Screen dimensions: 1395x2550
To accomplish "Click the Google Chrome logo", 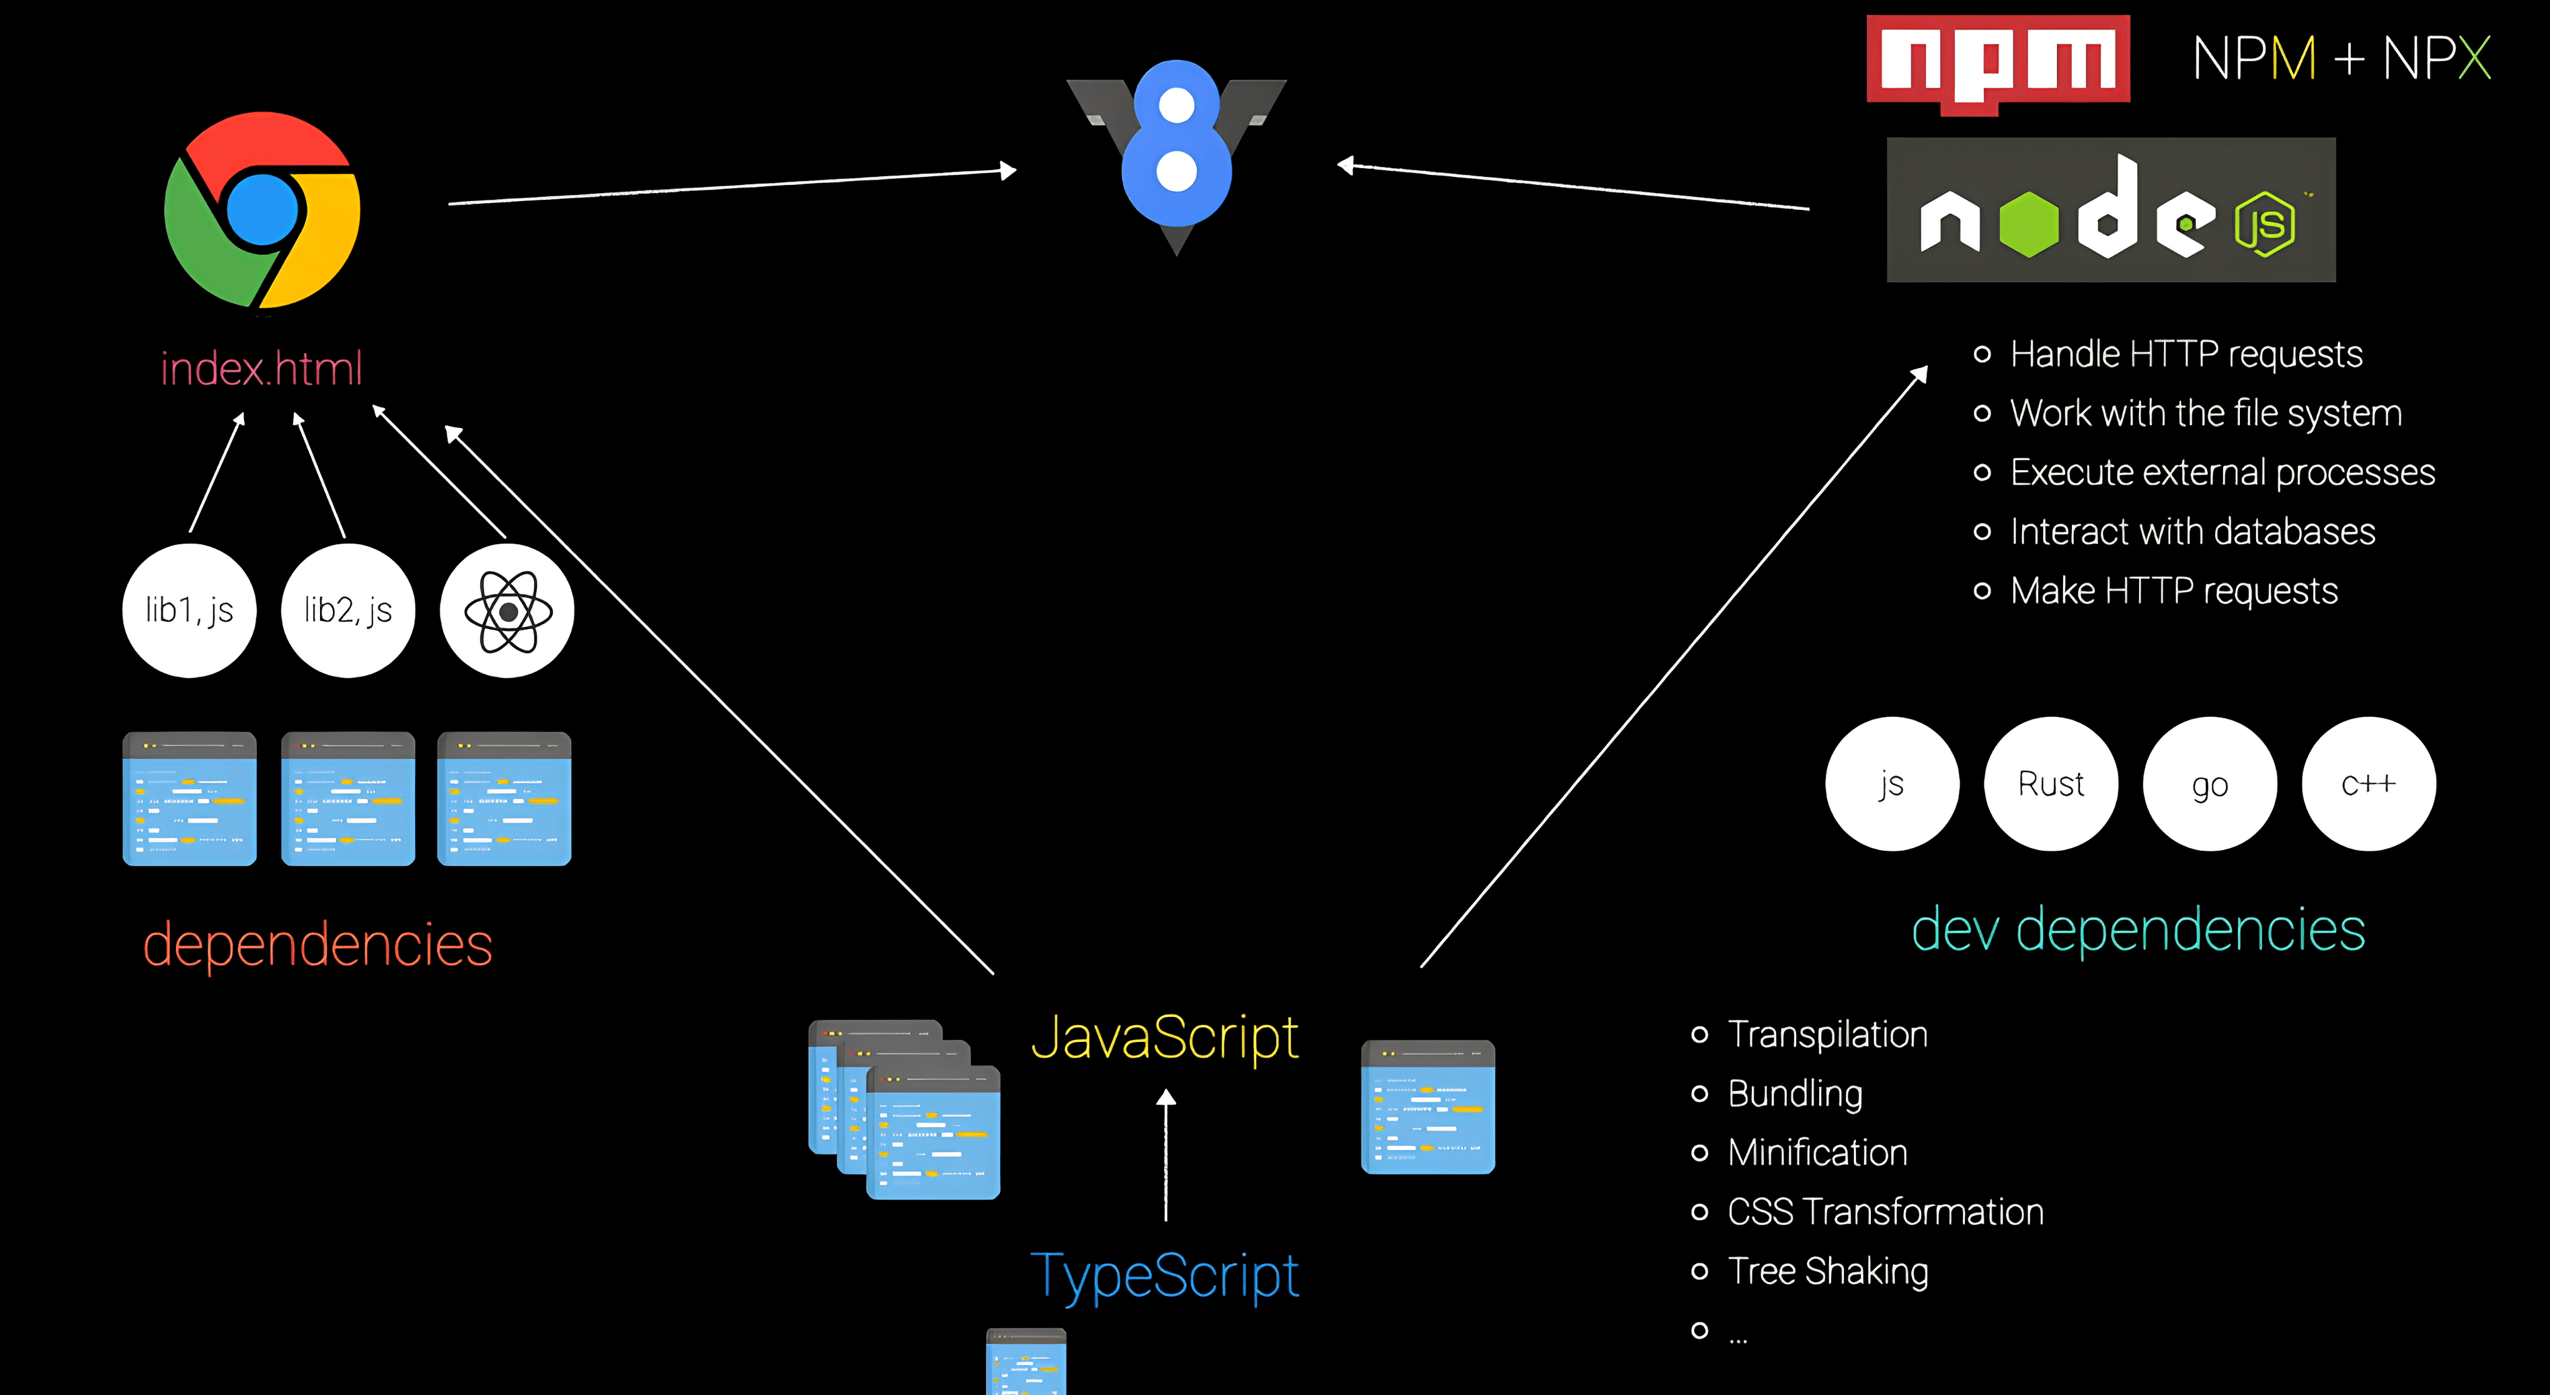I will [x=262, y=210].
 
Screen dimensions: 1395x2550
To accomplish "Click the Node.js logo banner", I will [x=2110, y=210].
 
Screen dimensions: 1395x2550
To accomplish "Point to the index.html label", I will [x=262, y=369].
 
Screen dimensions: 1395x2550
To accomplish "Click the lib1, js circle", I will [x=189, y=611].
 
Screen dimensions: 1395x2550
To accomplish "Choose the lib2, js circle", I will [x=348, y=611].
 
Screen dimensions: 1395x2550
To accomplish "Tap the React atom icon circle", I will [x=507, y=611].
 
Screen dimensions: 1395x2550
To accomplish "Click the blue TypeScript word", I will [x=1164, y=1275].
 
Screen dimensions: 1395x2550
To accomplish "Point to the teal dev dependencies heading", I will [x=2138, y=931].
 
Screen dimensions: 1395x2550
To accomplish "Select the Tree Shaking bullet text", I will [x=1827, y=1271].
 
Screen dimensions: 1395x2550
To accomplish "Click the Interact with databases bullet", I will [x=2193, y=531].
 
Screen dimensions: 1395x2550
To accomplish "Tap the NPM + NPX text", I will [x=2341, y=59].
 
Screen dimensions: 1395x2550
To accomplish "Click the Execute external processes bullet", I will [x=2223, y=472].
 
